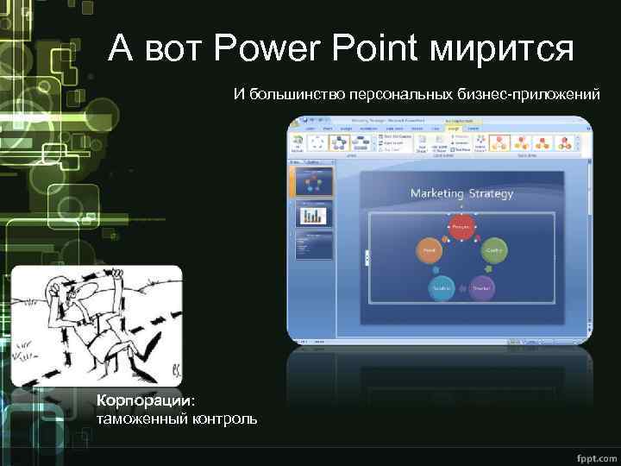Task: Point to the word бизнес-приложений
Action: pyautogui.click(x=523, y=92)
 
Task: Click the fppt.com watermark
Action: pyautogui.click(x=593, y=456)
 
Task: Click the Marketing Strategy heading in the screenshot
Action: pyautogui.click(x=461, y=193)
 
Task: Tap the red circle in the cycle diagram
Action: pyautogui.click(x=461, y=227)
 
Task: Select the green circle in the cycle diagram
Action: pyautogui.click(x=493, y=250)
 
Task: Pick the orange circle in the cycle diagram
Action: pyautogui.click(x=428, y=250)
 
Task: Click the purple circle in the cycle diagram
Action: pyautogui.click(x=482, y=288)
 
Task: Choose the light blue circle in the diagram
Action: pyautogui.click(x=441, y=288)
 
